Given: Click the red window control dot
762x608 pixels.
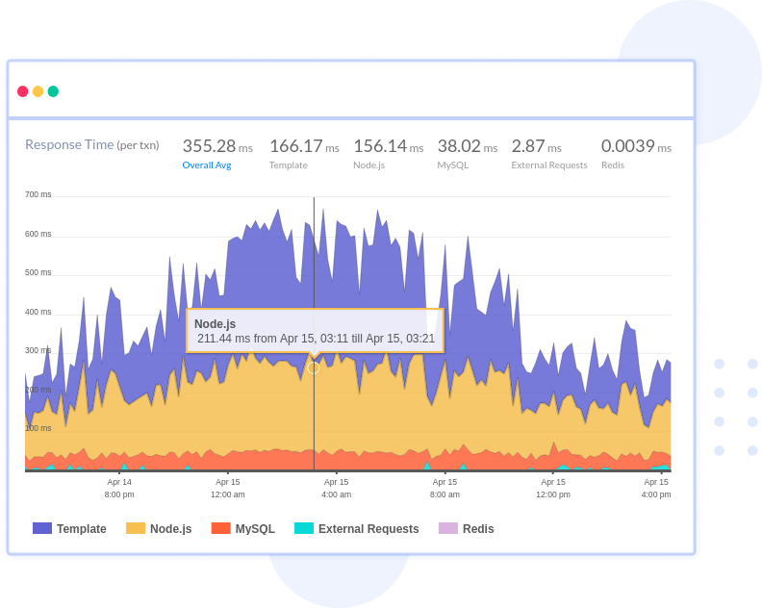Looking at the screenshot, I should tap(23, 91).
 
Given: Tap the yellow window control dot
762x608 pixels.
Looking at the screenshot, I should tap(38, 91).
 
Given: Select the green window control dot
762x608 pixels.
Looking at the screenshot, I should tap(53, 91).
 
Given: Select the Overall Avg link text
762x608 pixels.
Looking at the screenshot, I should tap(207, 165).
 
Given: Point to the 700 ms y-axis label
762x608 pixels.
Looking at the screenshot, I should tap(38, 194).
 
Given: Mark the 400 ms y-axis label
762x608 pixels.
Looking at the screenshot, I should tap(38, 312).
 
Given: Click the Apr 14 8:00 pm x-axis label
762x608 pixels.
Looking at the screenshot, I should tap(119, 488).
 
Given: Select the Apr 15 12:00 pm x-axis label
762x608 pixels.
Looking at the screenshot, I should tap(553, 488).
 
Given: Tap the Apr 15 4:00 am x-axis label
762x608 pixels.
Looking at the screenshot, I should tap(336, 488).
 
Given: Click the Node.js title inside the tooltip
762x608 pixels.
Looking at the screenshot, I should tap(215, 324).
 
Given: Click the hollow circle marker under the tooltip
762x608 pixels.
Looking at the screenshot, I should tap(314, 367).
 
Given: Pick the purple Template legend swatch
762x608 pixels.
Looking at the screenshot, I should tap(42, 528).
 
